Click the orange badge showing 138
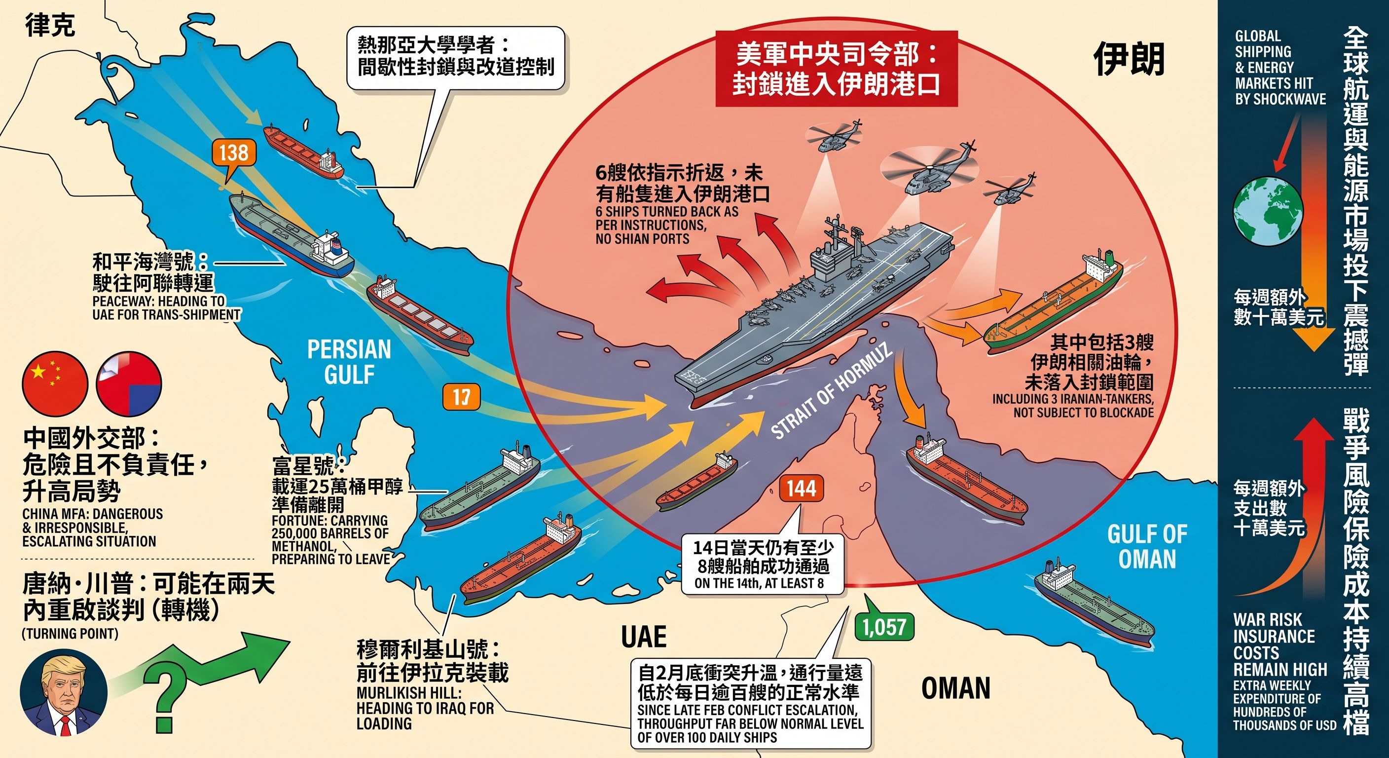click(233, 152)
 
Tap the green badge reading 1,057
click(884, 626)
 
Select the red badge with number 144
click(801, 489)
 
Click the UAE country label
click(644, 637)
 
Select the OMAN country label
click(955, 688)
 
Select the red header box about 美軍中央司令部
click(837, 69)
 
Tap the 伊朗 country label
click(1129, 59)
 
